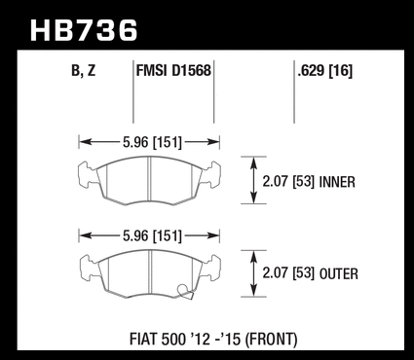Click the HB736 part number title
coord(84,30)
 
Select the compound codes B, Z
coord(84,71)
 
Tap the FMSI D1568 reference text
coord(173,70)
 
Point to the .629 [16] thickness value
coord(324,71)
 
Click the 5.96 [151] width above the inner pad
coord(152,142)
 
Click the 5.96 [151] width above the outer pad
coord(152,235)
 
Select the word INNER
coord(337,182)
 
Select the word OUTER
coord(339,274)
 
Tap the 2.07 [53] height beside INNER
coord(288,182)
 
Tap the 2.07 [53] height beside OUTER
coord(288,273)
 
